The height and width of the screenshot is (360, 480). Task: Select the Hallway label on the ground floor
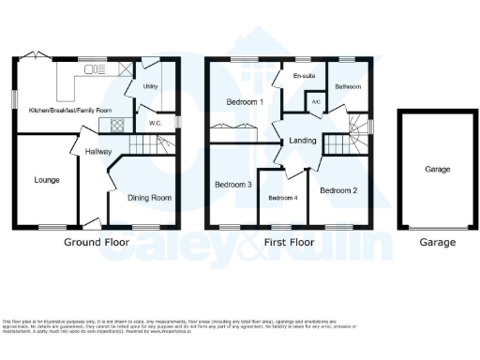click(98, 150)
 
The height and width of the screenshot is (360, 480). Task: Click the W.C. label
click(156, 123)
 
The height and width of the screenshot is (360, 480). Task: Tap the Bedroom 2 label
click(338, 190)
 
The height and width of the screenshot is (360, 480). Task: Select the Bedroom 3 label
click(233, 185)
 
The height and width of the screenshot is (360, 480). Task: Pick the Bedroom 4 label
click(283, 198)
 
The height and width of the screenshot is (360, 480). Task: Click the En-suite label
click(303, 75)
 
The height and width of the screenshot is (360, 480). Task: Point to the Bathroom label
click(350, 86)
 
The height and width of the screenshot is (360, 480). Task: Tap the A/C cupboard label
click(316, 101)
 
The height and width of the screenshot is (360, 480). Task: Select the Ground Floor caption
click(97, 243)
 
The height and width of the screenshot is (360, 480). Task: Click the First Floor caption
click(285, 243)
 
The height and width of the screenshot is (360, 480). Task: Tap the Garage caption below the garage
click(437, 243)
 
